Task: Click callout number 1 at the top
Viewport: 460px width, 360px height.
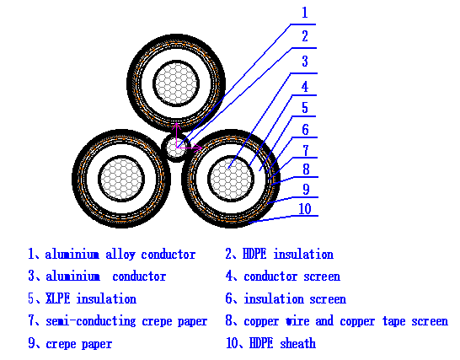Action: tap(305, 13)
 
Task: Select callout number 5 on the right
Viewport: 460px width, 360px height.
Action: tap(305, 108)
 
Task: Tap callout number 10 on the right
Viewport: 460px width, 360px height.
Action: tap(305, 208)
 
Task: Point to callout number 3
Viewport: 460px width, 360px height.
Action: tap(305, 62)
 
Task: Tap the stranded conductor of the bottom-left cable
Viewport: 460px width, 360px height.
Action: tap(118, 178)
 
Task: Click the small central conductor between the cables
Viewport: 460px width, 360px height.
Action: tap(176, 148)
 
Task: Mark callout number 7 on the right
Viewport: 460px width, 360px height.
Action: tap(305, 149)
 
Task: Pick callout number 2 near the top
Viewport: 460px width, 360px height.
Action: tap(305, 36)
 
